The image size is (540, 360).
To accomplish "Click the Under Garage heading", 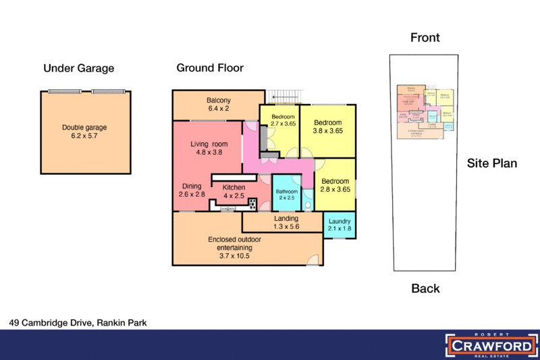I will point(79,68).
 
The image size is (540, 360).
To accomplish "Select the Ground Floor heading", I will point(210,68).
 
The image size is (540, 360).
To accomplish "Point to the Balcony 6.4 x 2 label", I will point(219,105).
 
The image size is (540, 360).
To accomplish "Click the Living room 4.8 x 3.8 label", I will point(209,148).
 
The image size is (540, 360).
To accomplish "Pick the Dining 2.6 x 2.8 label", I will point(191,190).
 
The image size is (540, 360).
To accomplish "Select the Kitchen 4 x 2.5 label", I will point(234,191).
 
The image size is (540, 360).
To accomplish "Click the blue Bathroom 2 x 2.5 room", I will point(286,194).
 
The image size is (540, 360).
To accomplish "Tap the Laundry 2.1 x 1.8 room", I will point(340,225).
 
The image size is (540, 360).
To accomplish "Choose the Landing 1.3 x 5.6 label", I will point(286,223).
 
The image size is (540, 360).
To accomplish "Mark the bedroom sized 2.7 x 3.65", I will point(283,120).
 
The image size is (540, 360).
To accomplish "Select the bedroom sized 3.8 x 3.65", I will point(329,128).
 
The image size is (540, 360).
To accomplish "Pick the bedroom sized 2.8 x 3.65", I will point(335,185).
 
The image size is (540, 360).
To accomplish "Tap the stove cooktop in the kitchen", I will point(253,204).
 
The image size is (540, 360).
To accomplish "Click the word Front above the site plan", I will point(425,38).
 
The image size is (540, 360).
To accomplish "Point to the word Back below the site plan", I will point(425,289).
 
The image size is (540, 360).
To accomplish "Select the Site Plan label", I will point(492,163).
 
